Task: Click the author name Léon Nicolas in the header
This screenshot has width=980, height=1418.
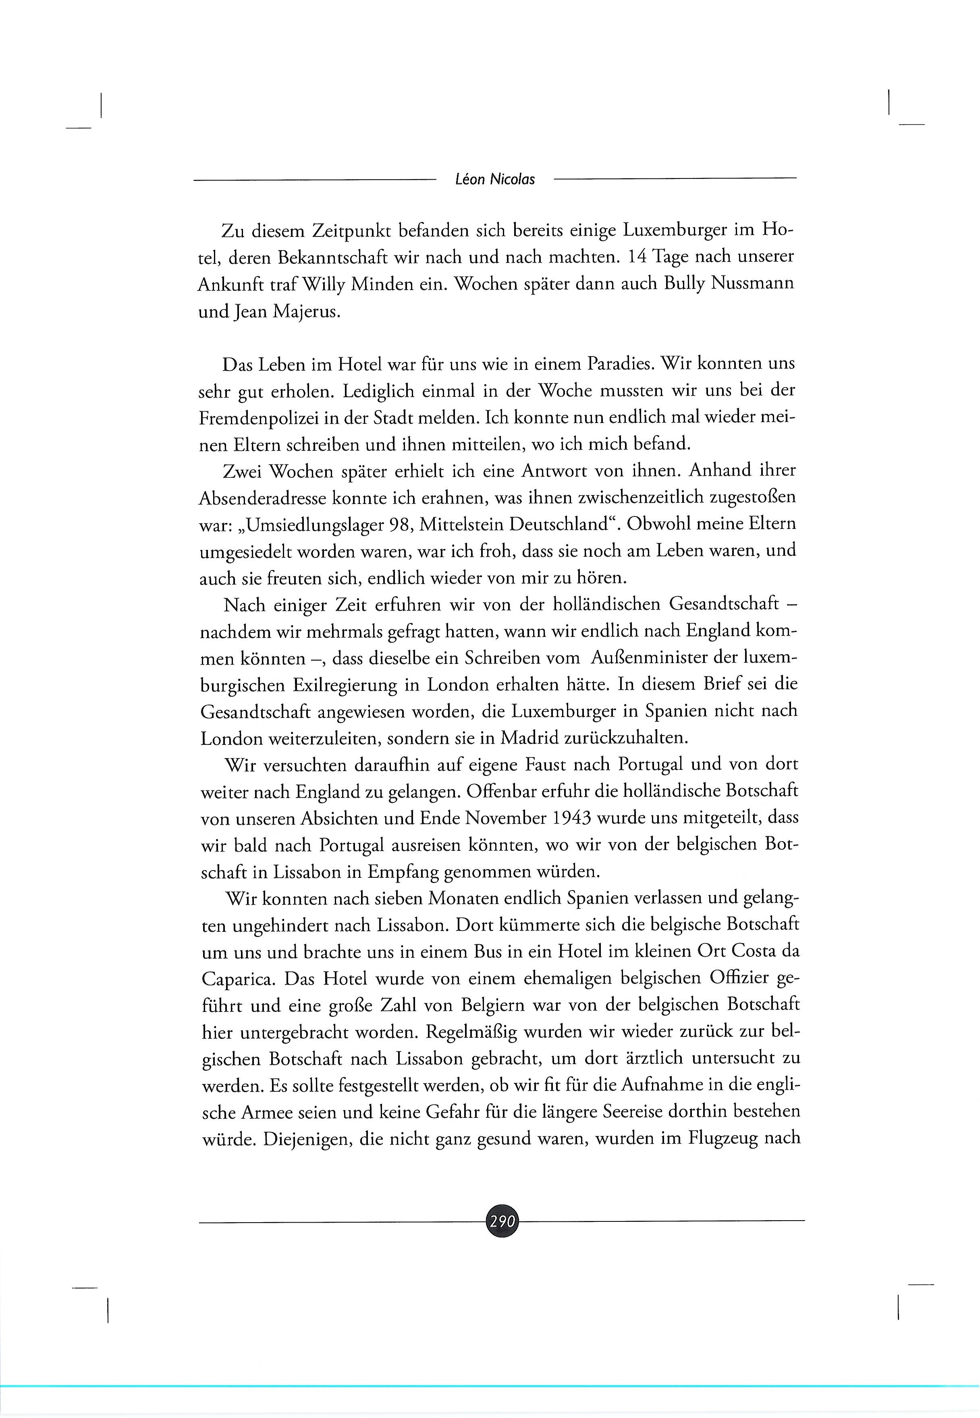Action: [x=495, y=179]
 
